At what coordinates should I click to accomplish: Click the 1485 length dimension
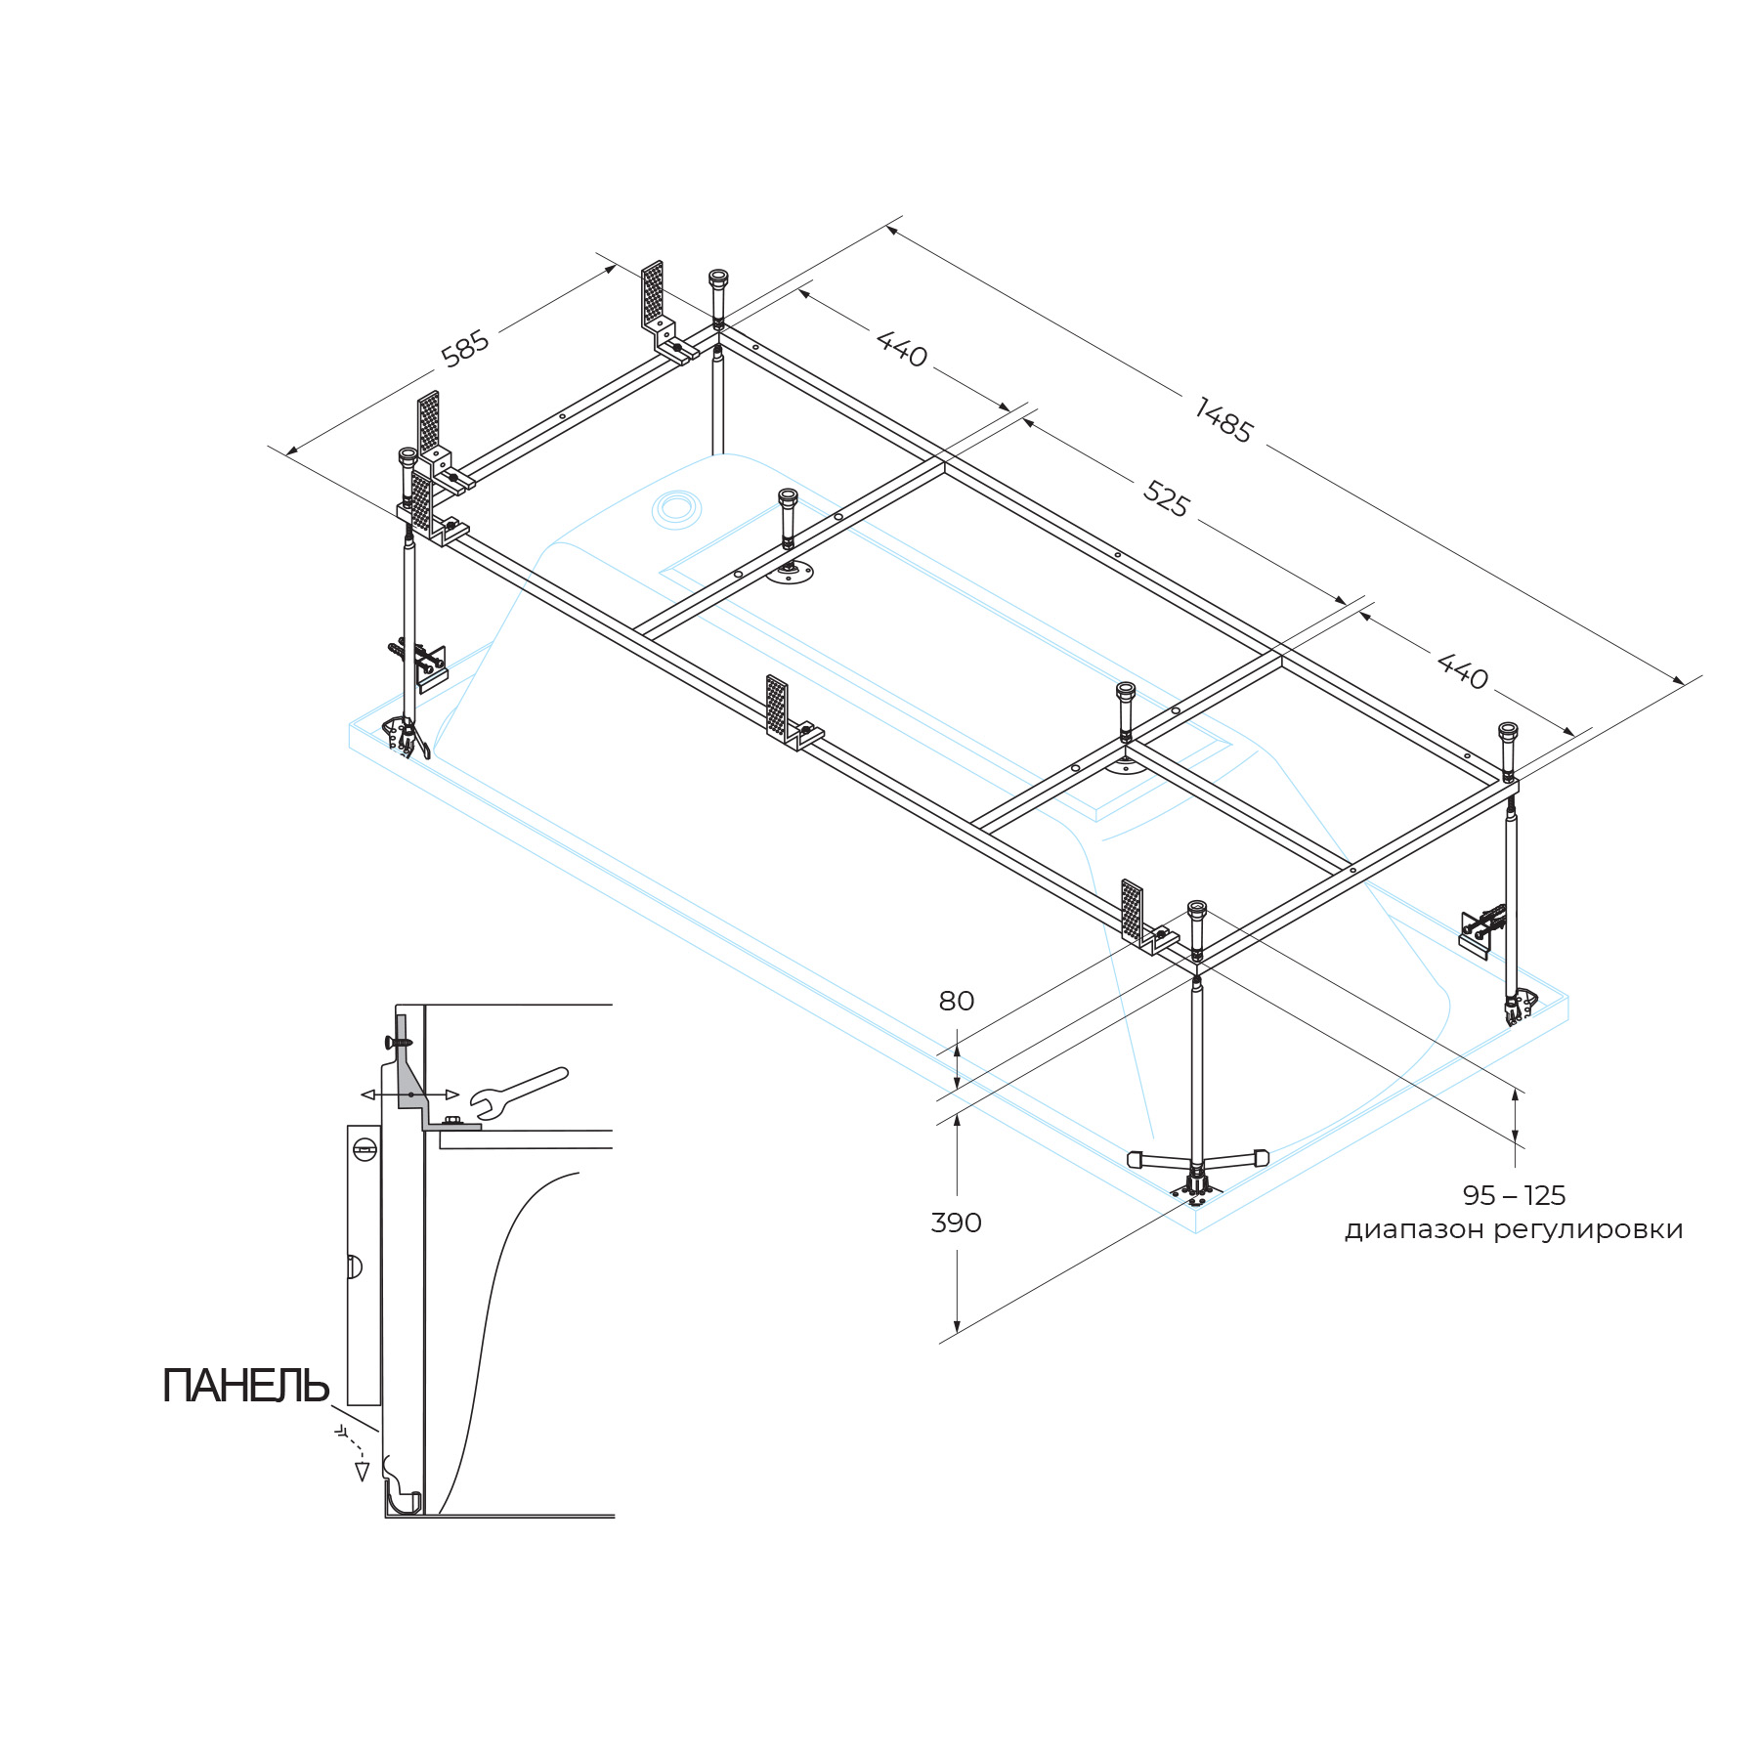tap(1223, 421)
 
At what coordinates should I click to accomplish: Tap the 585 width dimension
tap(465, 349)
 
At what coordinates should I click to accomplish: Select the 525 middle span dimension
tap(1166, 499)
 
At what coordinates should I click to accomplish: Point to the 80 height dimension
tap(956, 1001)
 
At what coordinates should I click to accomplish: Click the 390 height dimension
tap(956, 1223)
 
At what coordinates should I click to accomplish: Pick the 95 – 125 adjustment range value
tap(1514, 1195)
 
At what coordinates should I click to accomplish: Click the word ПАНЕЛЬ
tap(245, 1386)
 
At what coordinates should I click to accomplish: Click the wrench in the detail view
tap(518, 1091)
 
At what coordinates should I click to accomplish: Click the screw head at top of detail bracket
tap(402, 1042)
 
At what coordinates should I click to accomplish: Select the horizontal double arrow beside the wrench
tap(409, 1094)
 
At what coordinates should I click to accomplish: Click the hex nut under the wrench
tap(451, 1121)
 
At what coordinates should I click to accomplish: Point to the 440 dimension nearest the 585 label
tap(901, 349)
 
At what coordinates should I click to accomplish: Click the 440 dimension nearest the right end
tap(1462, 671)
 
